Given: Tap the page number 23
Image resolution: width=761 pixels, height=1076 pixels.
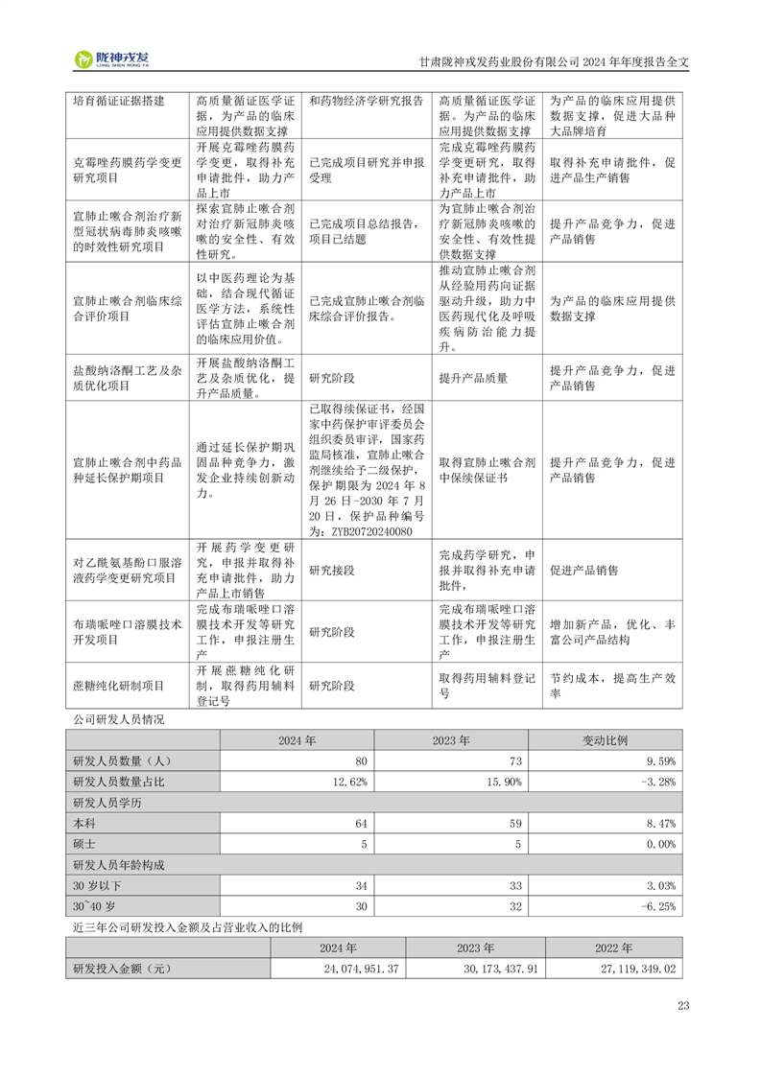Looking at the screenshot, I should click(x=683, y=1006).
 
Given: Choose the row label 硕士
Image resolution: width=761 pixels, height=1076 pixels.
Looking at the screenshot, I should click(x=84, y=844).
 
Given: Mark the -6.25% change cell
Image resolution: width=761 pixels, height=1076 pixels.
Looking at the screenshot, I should click(x=658, y=906).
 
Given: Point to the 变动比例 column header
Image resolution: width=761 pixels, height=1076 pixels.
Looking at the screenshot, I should click(x=606, y=740).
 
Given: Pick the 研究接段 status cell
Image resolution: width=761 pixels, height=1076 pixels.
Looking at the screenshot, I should click(x=332, y=570).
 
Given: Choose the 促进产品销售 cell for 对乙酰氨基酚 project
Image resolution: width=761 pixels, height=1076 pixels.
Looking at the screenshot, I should click(x=583, y=570).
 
